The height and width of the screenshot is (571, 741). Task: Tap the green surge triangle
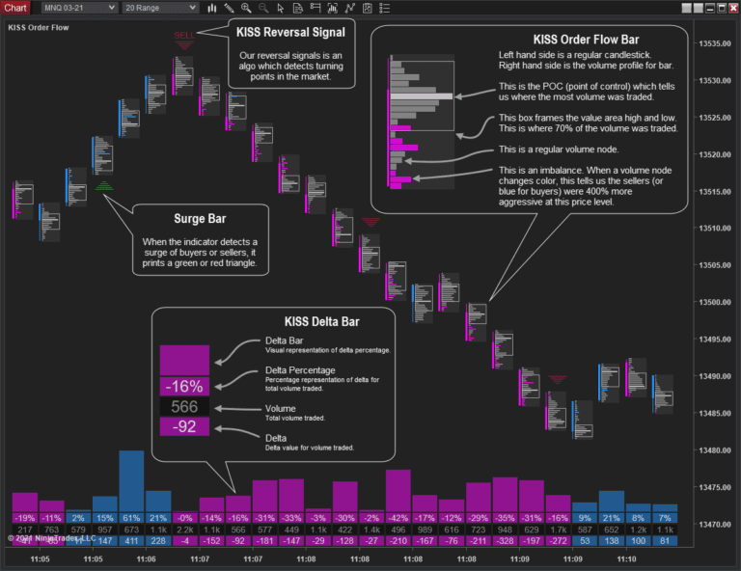104,184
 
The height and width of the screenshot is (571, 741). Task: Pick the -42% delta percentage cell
398,518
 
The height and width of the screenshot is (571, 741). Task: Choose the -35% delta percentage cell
504,518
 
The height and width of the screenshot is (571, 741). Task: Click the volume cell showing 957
105,529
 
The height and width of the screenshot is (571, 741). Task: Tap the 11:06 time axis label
146,558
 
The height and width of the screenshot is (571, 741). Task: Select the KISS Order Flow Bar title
585,40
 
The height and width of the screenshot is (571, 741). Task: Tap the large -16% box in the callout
184,386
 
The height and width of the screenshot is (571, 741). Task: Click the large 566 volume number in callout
184,406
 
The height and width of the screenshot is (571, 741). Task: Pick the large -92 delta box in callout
184,426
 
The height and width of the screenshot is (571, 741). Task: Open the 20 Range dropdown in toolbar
160,8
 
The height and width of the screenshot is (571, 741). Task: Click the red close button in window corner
729,8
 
